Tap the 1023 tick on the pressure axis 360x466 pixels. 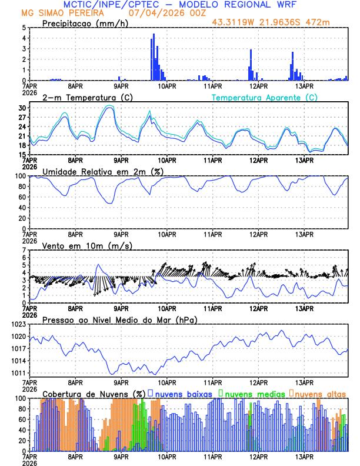(x=18, y=324)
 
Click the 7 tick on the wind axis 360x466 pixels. (x=25, y=250)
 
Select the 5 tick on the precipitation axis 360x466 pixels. (x=25, y=28)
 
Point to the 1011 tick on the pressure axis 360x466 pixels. (x=18, y=373)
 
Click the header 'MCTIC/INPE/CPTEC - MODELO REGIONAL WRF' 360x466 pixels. (x=180, y=4)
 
